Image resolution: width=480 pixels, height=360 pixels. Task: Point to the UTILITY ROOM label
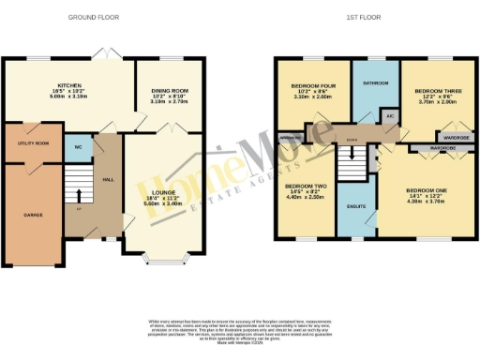click(x=33, y=143)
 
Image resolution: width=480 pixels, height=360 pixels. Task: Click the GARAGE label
click(x=31, y=214)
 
